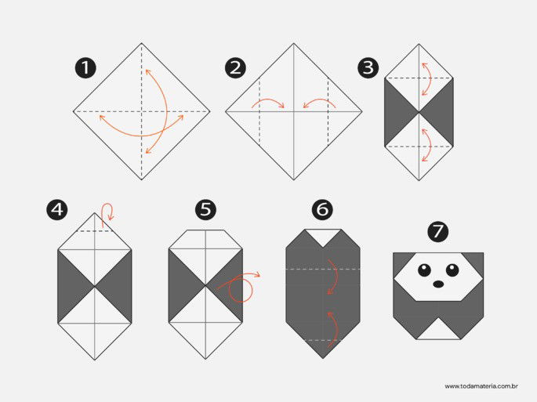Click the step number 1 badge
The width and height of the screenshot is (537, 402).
(85, 67)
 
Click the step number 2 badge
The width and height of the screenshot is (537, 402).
(234, 67)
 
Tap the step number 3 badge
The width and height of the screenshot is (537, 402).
(368, 67)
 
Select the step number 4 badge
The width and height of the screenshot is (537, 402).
(56, 209)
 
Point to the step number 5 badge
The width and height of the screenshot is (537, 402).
(205, 209)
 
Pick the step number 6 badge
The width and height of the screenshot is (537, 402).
(322, 209)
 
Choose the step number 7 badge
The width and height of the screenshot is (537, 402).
(438, 231)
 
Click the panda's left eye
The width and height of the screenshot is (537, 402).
(423, 270)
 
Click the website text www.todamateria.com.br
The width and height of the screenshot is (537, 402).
(483, 386)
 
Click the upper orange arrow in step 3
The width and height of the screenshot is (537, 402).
(427, 78)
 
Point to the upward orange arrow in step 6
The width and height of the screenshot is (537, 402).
(332, 328)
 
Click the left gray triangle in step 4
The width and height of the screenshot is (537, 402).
(73, 286)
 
